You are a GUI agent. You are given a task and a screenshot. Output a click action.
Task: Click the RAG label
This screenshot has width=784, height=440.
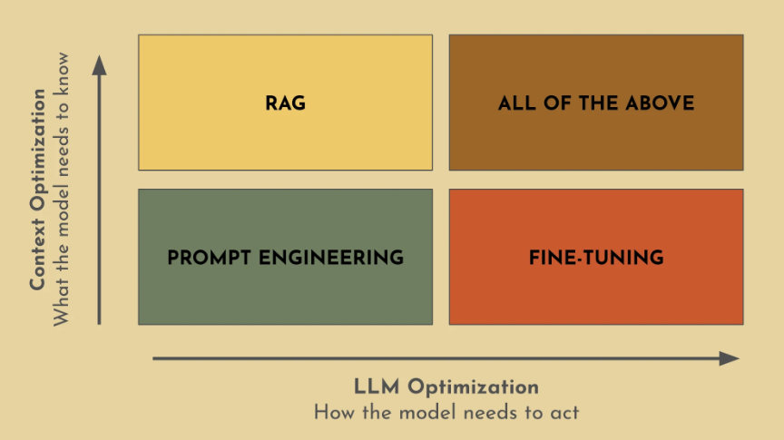pyautogui.click(x=285, y=103)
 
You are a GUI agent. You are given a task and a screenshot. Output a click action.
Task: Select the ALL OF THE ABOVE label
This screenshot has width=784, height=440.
pyautogui.click(x=596, y=103)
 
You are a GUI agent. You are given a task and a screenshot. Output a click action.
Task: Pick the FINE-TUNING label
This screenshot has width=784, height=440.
pyautogui.click(x=596, y=258)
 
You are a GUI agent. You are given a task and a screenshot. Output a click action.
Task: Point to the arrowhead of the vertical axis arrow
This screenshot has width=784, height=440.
pyautogui.click(x=100, y=64)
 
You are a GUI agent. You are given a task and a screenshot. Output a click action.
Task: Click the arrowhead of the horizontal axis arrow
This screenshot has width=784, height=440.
pyautogui.click(x=730, y=358)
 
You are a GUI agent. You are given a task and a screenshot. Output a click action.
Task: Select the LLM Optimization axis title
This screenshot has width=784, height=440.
pyautogui.click(x=446, y=387)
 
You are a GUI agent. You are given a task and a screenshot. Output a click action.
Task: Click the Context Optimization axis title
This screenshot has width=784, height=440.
pyautogui.click(x=38, y=190)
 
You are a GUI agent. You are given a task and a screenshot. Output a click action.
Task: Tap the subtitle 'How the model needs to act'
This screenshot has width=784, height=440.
pyautogui.click(x=446, y=413)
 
